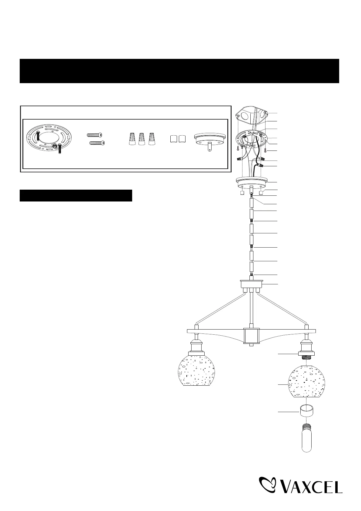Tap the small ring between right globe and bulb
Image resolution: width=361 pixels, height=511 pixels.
(307, 411)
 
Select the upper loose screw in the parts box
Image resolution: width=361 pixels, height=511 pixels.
(95, 134)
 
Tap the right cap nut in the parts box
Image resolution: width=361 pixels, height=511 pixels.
(182, 139)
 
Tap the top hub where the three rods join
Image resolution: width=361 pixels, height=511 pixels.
(251, 285)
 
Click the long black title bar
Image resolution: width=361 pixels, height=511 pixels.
(179, 71)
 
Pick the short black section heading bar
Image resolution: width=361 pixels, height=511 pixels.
(76, 195)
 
